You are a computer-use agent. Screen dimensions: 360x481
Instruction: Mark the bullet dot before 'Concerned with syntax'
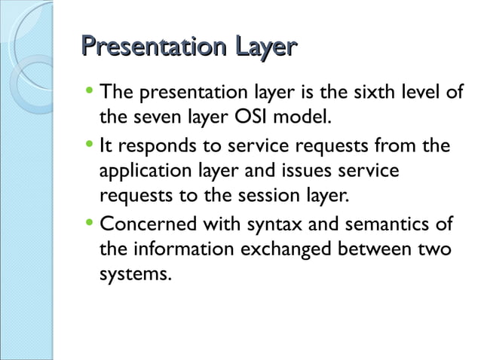[x=90, y=224]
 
